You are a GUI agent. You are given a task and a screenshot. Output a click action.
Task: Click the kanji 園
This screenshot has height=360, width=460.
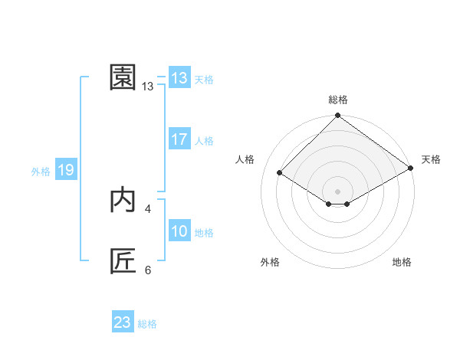click(x=123, y=77)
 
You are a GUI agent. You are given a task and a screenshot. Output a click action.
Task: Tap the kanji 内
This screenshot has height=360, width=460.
click(x=123, y=200)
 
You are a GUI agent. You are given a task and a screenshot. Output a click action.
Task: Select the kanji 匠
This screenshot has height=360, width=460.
click(x=123, y=261)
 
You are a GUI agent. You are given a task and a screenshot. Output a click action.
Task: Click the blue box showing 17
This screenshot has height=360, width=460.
click(x=179, y=139)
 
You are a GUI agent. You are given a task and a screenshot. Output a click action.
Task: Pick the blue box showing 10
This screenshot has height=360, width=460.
click(x=179, y=231)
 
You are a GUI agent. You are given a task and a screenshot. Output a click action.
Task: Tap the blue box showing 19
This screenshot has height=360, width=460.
click(x=65, y=170)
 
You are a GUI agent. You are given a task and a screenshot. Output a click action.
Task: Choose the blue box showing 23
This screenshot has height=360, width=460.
click(x=123, y=322)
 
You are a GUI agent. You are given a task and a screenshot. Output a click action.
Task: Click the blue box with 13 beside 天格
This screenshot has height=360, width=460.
click(x=179, y=78)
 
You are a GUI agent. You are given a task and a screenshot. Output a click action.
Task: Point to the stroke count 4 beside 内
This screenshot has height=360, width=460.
click(x=147, y=208)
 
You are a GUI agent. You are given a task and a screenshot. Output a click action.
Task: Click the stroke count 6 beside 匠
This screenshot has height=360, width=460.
click(x=147, y=270)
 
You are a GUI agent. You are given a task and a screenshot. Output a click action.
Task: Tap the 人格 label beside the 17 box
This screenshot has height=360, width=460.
click(x=204, y=141)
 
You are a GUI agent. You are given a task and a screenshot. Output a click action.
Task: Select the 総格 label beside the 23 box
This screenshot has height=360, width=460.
click(x=147, y=324)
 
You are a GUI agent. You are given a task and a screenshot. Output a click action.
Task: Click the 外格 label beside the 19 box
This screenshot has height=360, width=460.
click(x=41, y=172)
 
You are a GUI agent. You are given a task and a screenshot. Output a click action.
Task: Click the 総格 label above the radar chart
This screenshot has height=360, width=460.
click(x=337, y=100)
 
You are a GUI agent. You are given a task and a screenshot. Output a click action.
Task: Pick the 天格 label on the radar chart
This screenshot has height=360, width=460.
click(x=431, y=159)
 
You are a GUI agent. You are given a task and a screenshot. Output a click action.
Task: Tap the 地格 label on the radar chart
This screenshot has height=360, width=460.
click(x=402, y=262)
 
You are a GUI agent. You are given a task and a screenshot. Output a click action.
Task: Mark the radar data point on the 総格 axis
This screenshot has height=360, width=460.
click(x=337, y=116)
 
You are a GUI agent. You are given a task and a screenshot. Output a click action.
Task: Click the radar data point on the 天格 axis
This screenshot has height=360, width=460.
click(x=411, y=170)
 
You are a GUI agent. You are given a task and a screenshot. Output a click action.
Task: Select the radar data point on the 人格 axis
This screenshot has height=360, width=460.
click(x=280, y=173)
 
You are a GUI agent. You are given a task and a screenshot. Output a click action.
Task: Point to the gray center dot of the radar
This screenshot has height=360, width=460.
click(x=337, y=191)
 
